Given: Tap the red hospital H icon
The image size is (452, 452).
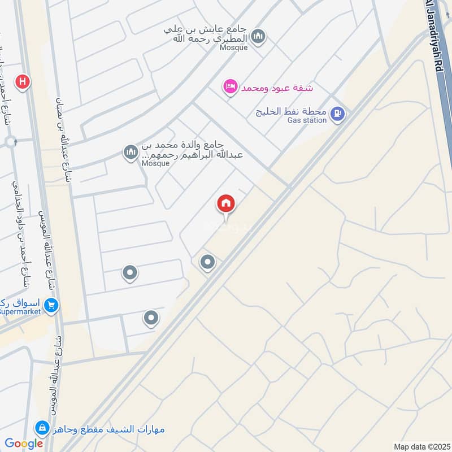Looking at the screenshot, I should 23,82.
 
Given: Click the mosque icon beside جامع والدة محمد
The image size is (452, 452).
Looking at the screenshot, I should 131,153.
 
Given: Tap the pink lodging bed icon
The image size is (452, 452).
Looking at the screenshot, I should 230,87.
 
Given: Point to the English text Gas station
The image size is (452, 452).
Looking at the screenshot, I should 307,120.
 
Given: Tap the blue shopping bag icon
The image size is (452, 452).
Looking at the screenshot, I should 40,428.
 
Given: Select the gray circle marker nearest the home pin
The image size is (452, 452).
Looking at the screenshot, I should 208,262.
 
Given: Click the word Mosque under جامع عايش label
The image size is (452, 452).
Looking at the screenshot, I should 234,47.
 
